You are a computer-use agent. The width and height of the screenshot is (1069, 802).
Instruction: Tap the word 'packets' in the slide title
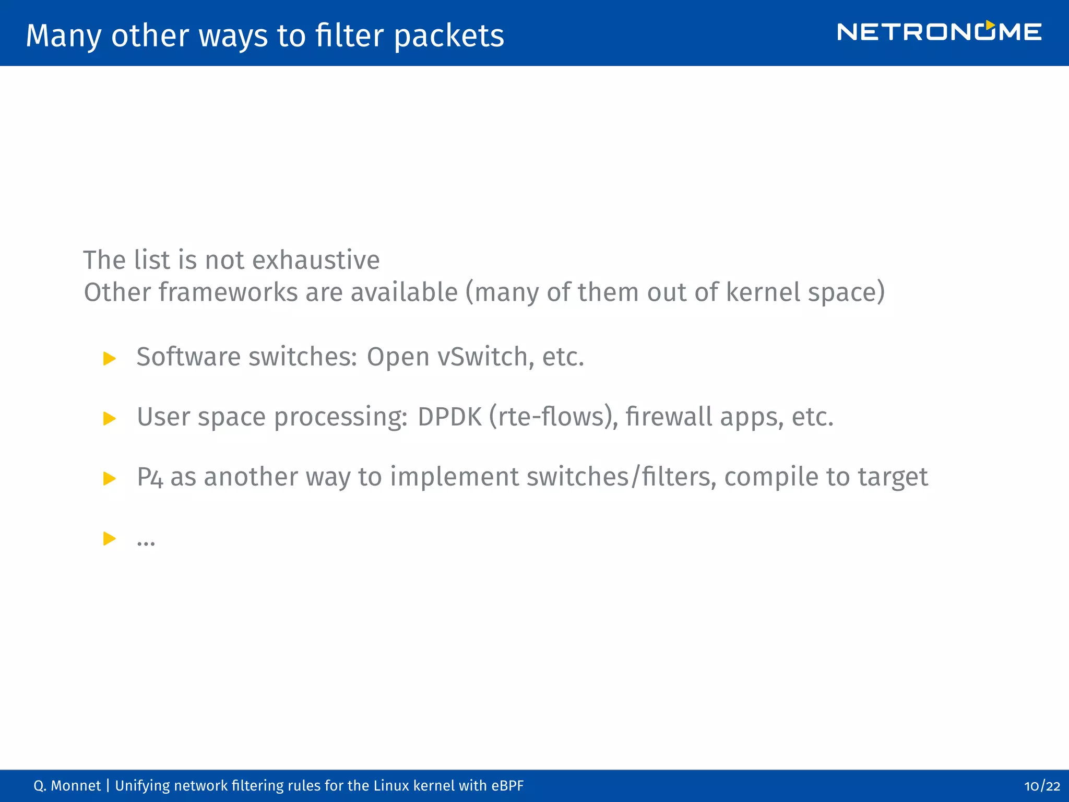click(449, 36)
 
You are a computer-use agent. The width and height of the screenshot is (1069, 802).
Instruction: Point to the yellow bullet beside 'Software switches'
click(110, 359)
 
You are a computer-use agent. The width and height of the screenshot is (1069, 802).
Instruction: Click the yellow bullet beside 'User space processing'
click(110, 418)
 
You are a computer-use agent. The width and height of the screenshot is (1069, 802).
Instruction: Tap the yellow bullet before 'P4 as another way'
click(110, 478)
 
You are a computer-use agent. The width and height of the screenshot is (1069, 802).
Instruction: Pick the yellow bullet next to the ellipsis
click(110, 538)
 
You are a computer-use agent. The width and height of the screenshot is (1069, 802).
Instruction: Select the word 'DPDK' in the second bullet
click(449, 417)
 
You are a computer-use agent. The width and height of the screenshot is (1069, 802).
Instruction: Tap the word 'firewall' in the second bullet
click(669, 417)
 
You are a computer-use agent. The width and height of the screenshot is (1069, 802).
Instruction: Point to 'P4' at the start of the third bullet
click(150, 477)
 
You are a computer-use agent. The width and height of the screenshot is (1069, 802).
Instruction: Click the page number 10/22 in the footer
click(1042, 786)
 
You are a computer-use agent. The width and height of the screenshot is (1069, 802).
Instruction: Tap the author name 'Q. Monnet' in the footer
click(67, 786)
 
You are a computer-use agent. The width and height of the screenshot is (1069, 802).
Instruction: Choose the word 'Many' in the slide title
click(64, 36)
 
